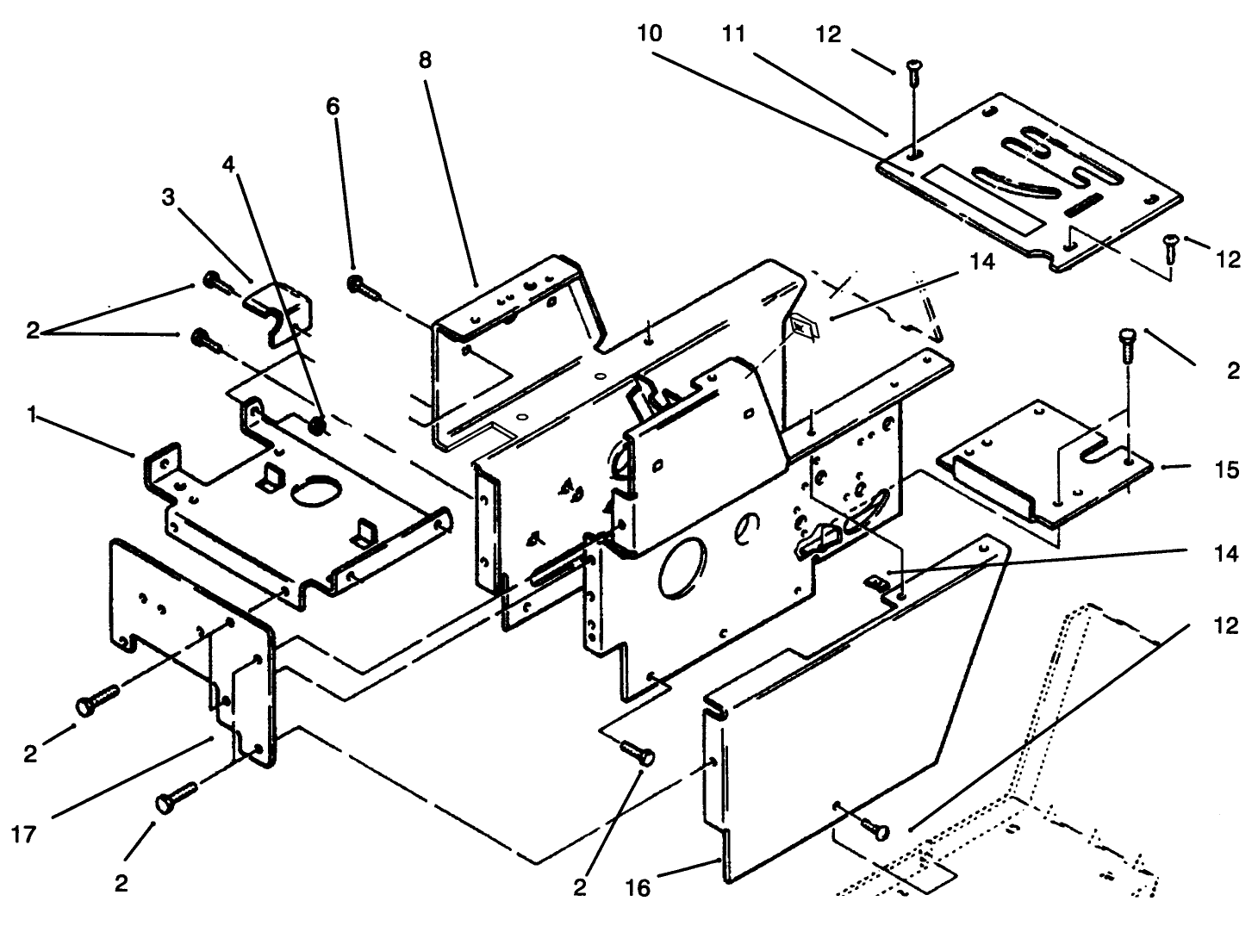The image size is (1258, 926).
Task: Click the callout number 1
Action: click(31, 415)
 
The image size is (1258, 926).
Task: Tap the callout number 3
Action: click(168, 197)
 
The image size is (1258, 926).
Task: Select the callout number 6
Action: click(333, 106)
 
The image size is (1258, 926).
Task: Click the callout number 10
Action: click(651, 34)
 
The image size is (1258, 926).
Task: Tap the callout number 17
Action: click(26, 834)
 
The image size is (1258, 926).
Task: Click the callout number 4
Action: click(227, 163)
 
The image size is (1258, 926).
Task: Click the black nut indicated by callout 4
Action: click(318, 424)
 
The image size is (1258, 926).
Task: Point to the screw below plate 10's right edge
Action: click(1170, 248)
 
